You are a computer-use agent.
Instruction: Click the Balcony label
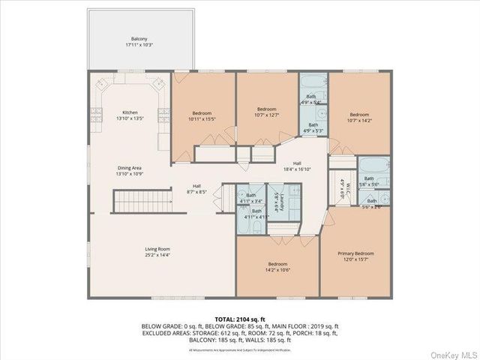139,38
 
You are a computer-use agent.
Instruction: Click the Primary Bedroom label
357,253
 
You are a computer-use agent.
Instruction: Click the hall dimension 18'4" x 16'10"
297,169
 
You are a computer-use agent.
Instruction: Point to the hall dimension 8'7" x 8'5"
196,192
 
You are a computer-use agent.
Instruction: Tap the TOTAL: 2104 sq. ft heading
240,318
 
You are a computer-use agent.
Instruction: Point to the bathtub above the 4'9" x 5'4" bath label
312,82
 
